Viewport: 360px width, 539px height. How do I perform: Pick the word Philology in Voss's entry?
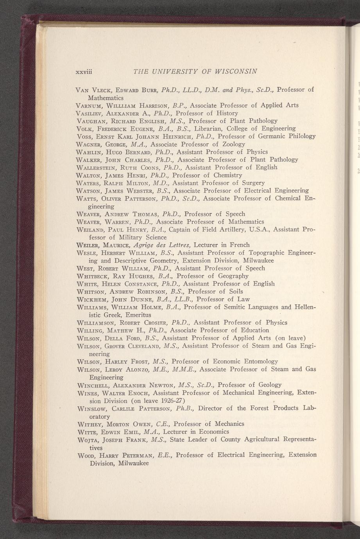(297, 136)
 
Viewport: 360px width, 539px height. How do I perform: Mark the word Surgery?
(251, 183)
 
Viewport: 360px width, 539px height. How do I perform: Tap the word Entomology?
(258, 361)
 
